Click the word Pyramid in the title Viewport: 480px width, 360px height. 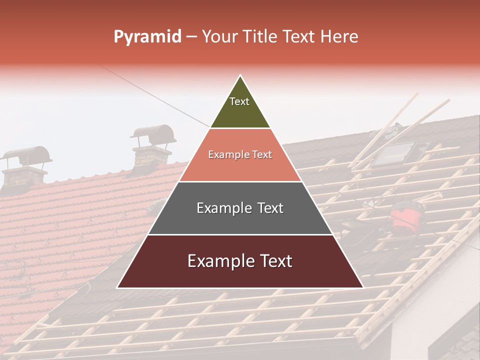point(147,37)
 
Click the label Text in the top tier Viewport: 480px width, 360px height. point(239,101)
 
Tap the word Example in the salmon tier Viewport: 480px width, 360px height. point(224,154)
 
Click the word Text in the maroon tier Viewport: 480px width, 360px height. point(272,261)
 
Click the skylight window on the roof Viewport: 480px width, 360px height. point(393,153)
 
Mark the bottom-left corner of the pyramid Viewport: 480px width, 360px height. point(117,287)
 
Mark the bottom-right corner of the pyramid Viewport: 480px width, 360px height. point(363,287)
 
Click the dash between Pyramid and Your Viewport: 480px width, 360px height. point(191,37)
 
